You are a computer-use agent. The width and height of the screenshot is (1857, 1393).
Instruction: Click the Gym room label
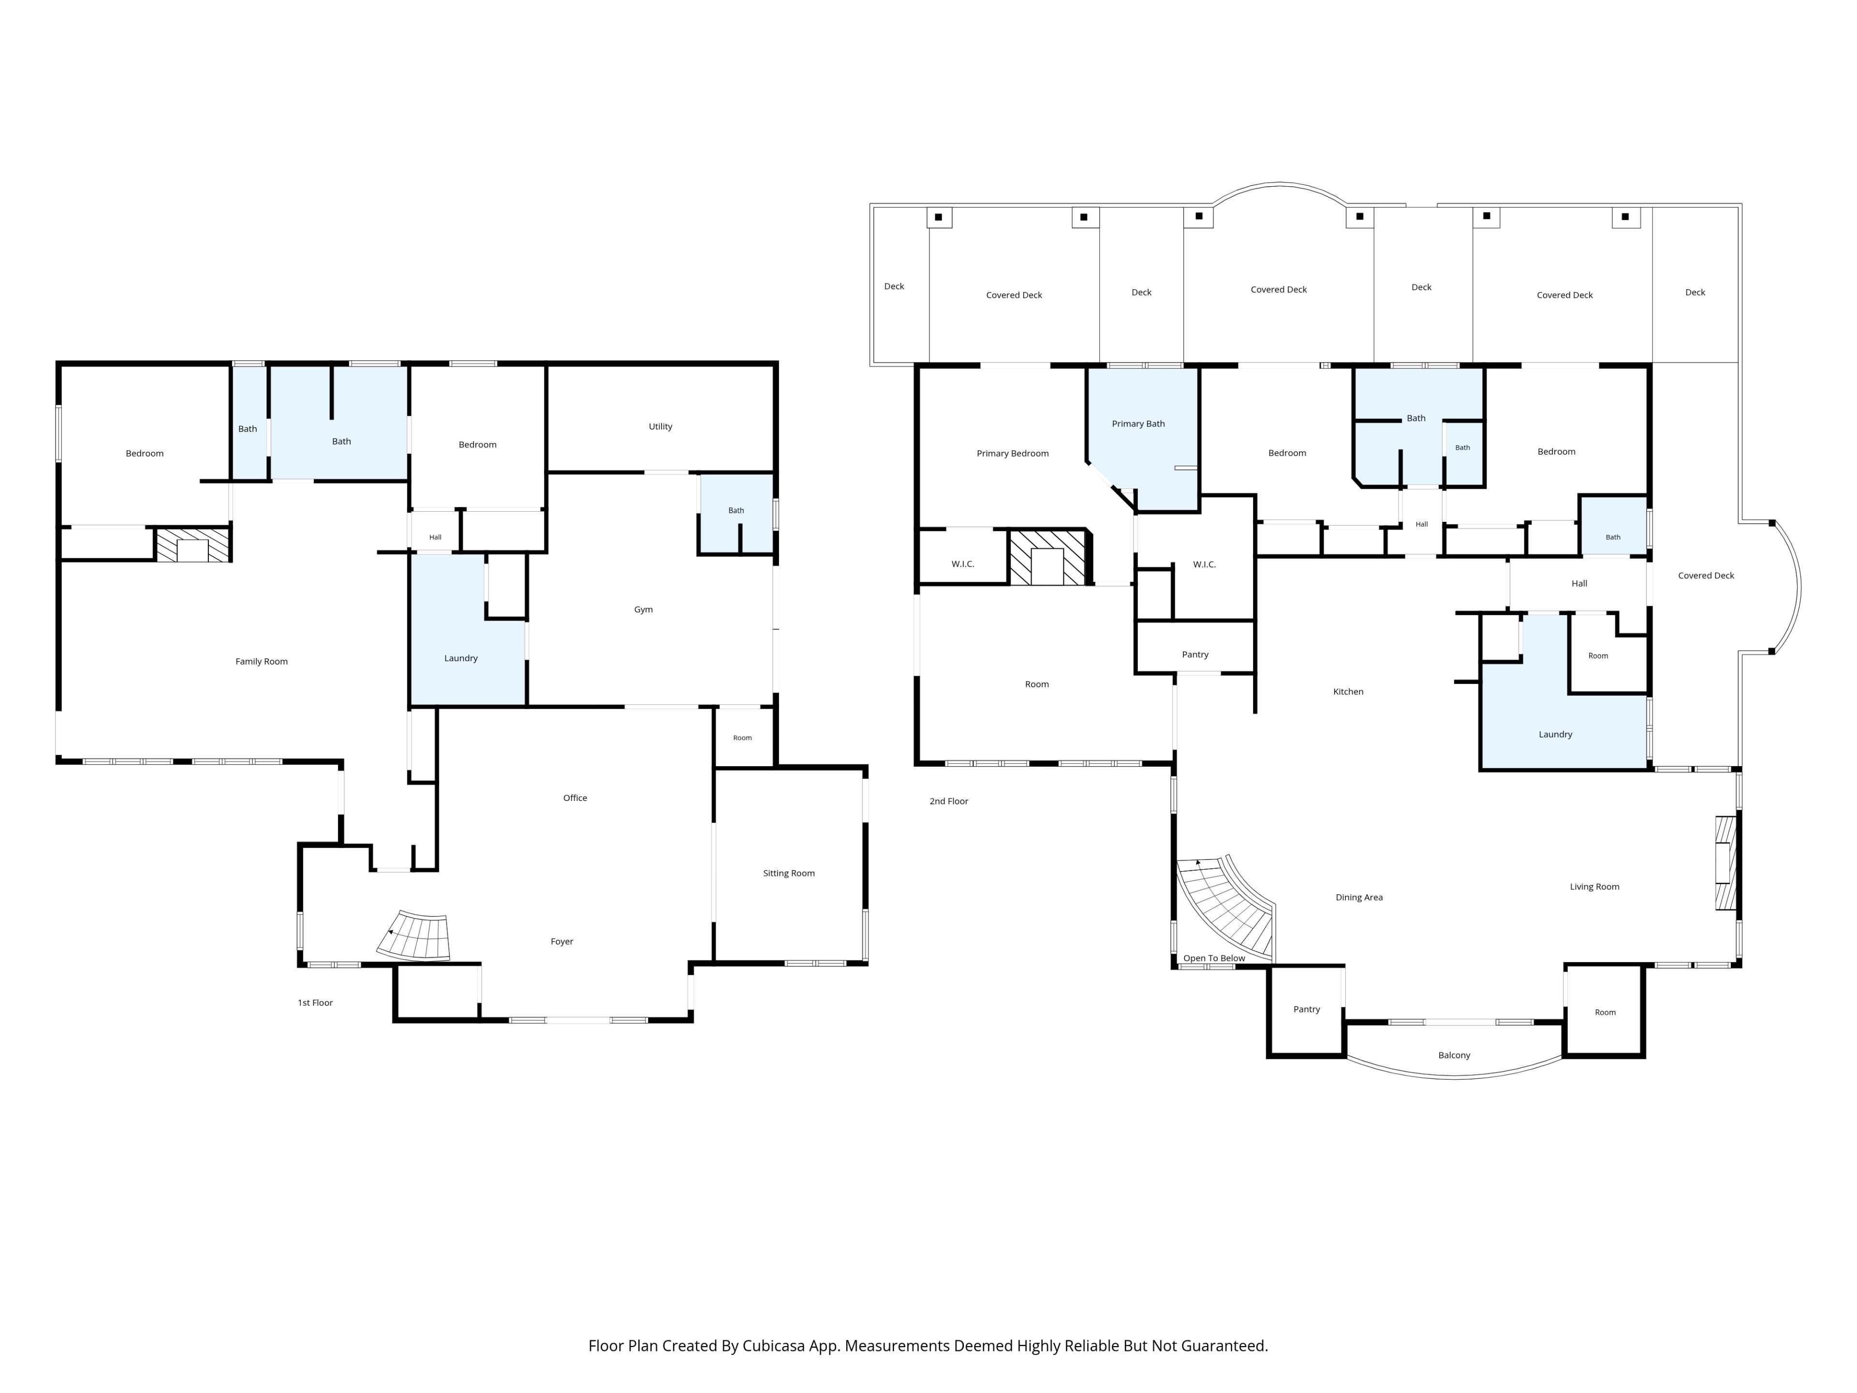click(x=643, y=609)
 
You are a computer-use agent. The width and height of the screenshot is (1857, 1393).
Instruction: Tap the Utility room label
click(x=661, y=427)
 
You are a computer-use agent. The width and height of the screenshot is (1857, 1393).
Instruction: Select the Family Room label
click(x=261, y=662)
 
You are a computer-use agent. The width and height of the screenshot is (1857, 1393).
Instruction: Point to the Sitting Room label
click(x=788, y=873)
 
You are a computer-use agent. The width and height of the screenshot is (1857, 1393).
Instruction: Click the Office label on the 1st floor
click(x=575, y=798)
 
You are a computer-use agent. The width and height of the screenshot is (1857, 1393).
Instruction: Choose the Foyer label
click(x=561, y=941)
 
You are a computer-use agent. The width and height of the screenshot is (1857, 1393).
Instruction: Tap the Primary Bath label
click(x=1138, y=424)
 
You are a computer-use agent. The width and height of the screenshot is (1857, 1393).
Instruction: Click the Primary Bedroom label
click(x=1013, y=453)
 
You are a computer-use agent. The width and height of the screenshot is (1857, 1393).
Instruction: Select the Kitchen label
click(x=1348, y=692)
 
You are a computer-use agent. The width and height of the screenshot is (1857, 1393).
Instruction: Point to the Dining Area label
click(x=1359, y=898)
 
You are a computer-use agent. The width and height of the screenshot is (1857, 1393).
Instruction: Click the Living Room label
click(x=1594, y=887)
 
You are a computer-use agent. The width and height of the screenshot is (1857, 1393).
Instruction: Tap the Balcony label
click(x=1454, y=1055)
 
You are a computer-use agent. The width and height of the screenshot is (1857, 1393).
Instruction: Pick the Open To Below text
click(x=1214, y=958)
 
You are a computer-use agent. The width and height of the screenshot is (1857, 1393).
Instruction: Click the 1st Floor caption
click(x=316, y=1003)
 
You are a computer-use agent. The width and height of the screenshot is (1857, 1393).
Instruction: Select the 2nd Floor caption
click(x=949, y=801)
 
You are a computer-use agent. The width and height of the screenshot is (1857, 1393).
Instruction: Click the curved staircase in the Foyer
click(x=415, y=935)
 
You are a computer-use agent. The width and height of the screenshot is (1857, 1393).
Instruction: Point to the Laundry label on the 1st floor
click(x=461, y=658)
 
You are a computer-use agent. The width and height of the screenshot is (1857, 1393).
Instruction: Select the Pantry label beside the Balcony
click(x=1306, y=1009)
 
